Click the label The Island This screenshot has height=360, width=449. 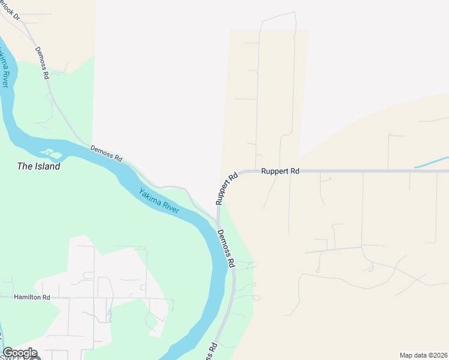tap(38, 167)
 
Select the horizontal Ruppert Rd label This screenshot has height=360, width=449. tap(280, 171)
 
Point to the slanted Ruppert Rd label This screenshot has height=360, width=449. tap(227, 188)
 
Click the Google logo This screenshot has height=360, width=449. tap(20, 353)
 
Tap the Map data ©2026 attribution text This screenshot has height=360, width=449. tap(423, 355)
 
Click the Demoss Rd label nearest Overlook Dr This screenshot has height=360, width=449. tap(41, 63)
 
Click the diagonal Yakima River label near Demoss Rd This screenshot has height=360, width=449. tap(158, 201)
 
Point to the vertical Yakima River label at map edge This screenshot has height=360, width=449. tap(5, 70)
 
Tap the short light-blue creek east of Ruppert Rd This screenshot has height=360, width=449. tap(430, 162)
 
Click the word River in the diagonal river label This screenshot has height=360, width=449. tap(169, 208)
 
